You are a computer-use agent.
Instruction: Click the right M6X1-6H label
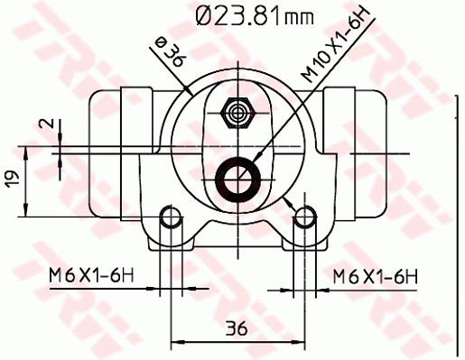click(x=375, y=274)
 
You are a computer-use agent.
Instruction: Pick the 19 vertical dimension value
click(x=11, y=180)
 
